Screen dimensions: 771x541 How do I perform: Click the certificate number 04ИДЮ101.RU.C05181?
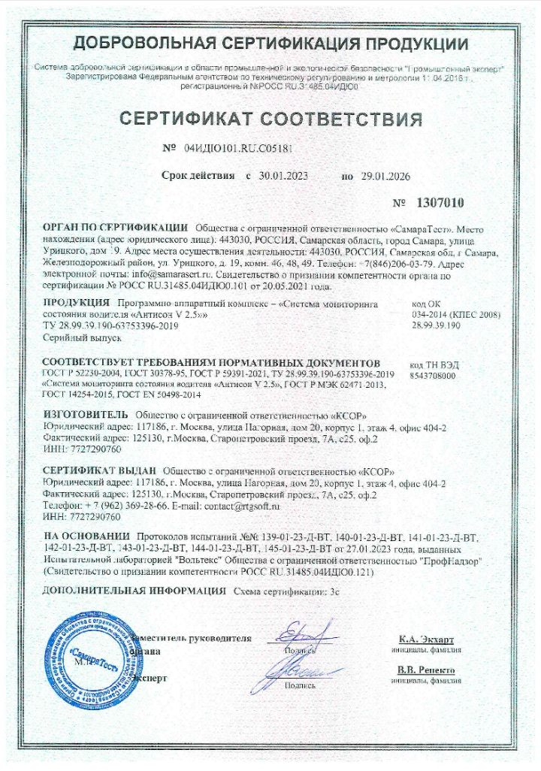coord(238,148)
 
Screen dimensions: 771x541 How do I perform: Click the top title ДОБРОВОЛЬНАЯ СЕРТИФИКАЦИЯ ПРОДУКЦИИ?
coord(270,44)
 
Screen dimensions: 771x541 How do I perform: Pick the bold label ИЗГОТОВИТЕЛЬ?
coord(86,414)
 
